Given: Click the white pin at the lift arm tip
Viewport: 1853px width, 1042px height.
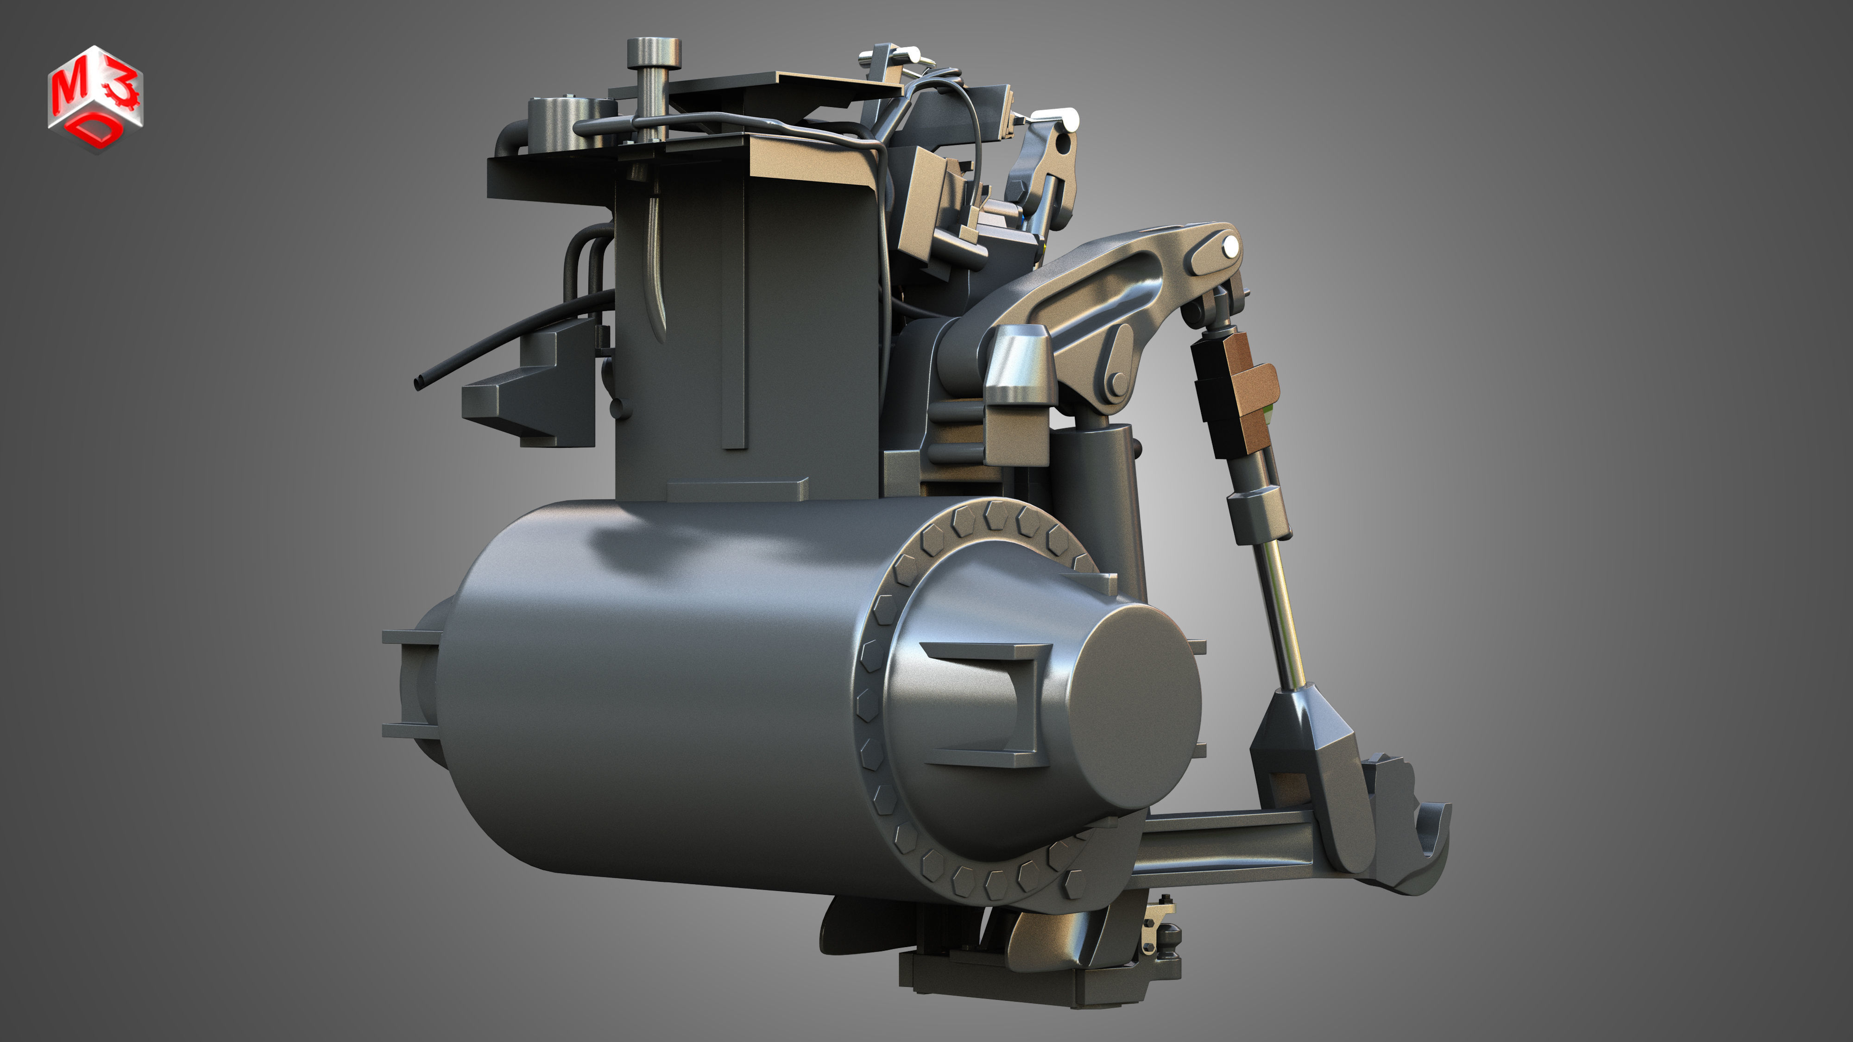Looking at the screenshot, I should (1231, 247).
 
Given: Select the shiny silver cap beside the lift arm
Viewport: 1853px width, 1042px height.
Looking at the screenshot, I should (1020, 367).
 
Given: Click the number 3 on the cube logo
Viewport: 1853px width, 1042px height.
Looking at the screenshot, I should (117, 92).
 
